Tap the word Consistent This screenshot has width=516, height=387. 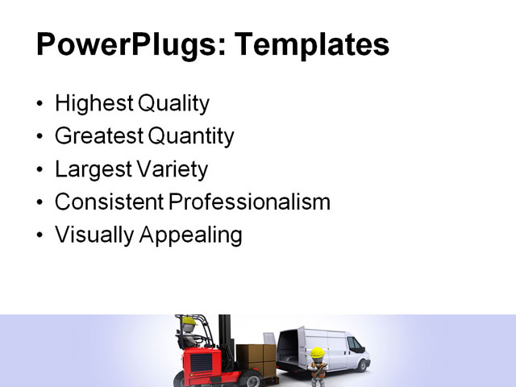(108, 202)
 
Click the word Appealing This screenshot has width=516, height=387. (191, 235)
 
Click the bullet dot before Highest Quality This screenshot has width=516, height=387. (41, 105)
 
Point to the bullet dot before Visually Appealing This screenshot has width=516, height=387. (41, 235)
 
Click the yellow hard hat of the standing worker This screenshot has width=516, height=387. (317, 352)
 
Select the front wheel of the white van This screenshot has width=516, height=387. (356, 367)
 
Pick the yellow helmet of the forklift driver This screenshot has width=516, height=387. (189, 320)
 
